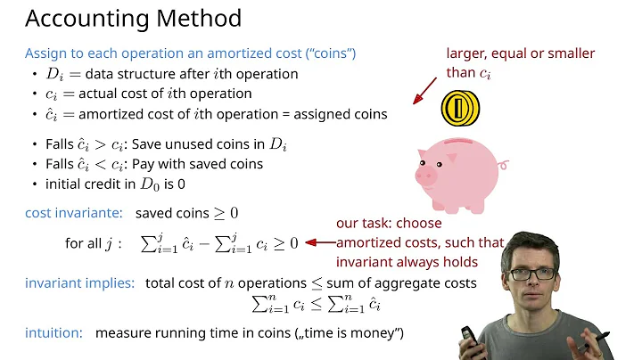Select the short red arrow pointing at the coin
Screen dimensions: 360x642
[425, 89]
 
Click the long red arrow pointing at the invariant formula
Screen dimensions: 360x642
[318, 241]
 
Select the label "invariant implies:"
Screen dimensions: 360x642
[79, 283]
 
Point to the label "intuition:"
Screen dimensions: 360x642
[53, 332]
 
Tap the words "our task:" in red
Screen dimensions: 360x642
[366, 224]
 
